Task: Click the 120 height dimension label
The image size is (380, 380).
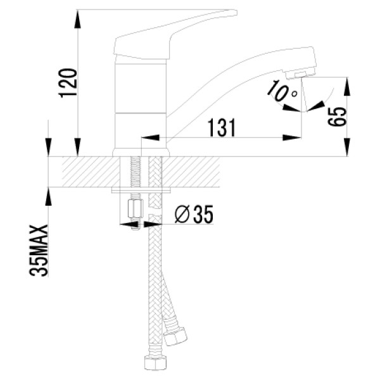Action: tap(68, 83)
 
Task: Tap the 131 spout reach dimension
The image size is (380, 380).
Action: tap(222, 128)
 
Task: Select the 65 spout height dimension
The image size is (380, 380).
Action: tap(337, 117)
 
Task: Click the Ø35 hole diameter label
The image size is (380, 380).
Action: tap(194, 214)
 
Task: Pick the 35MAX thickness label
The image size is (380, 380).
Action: tap(39, 251)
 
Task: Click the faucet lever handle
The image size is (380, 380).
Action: tap(175, 34)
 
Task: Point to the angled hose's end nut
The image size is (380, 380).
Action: tap(175, 336)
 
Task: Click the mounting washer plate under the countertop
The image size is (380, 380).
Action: tap(141, 190)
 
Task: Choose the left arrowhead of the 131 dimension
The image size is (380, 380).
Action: tap(150, 137)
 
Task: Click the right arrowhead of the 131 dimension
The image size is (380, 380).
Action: tap(292, 137)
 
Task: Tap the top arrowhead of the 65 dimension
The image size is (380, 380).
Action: tap(347, 87)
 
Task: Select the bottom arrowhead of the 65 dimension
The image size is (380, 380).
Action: tap(347, 147)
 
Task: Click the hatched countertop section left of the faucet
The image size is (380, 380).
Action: tap(91, 172)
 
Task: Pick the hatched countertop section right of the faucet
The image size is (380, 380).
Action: tap(191, 172)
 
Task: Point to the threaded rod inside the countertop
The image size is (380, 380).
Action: tap(135, 172)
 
